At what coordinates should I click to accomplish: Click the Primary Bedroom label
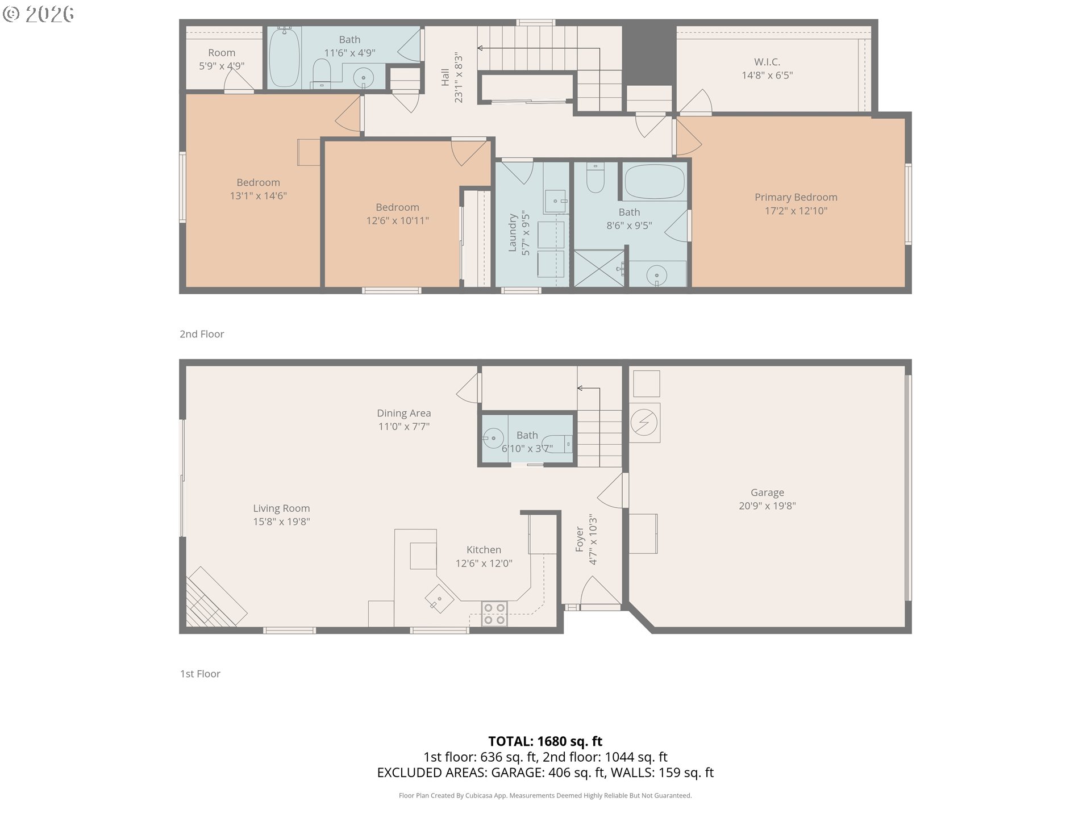796,197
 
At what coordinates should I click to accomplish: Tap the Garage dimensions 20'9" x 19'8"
767,506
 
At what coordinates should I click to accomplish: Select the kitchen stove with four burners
494,613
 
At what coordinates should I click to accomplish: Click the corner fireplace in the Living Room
215,598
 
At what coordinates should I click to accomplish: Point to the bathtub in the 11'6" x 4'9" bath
284,57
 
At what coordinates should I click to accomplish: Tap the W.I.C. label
767,61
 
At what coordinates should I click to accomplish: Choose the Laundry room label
512,233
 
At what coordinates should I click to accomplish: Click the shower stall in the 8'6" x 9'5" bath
599,268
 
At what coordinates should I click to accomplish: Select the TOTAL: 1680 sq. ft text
545,741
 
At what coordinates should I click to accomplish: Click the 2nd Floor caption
202,334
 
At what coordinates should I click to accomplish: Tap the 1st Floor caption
200,674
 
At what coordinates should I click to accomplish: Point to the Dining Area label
404,413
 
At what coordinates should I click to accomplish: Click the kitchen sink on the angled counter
440,599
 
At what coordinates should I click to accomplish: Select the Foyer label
580,539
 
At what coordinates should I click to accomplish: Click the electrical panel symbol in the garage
644,423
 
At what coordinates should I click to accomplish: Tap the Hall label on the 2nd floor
445,78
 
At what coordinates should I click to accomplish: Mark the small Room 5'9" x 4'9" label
222,53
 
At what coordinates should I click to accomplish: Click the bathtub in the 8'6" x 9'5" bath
655,181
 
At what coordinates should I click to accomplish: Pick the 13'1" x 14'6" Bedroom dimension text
259,196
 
